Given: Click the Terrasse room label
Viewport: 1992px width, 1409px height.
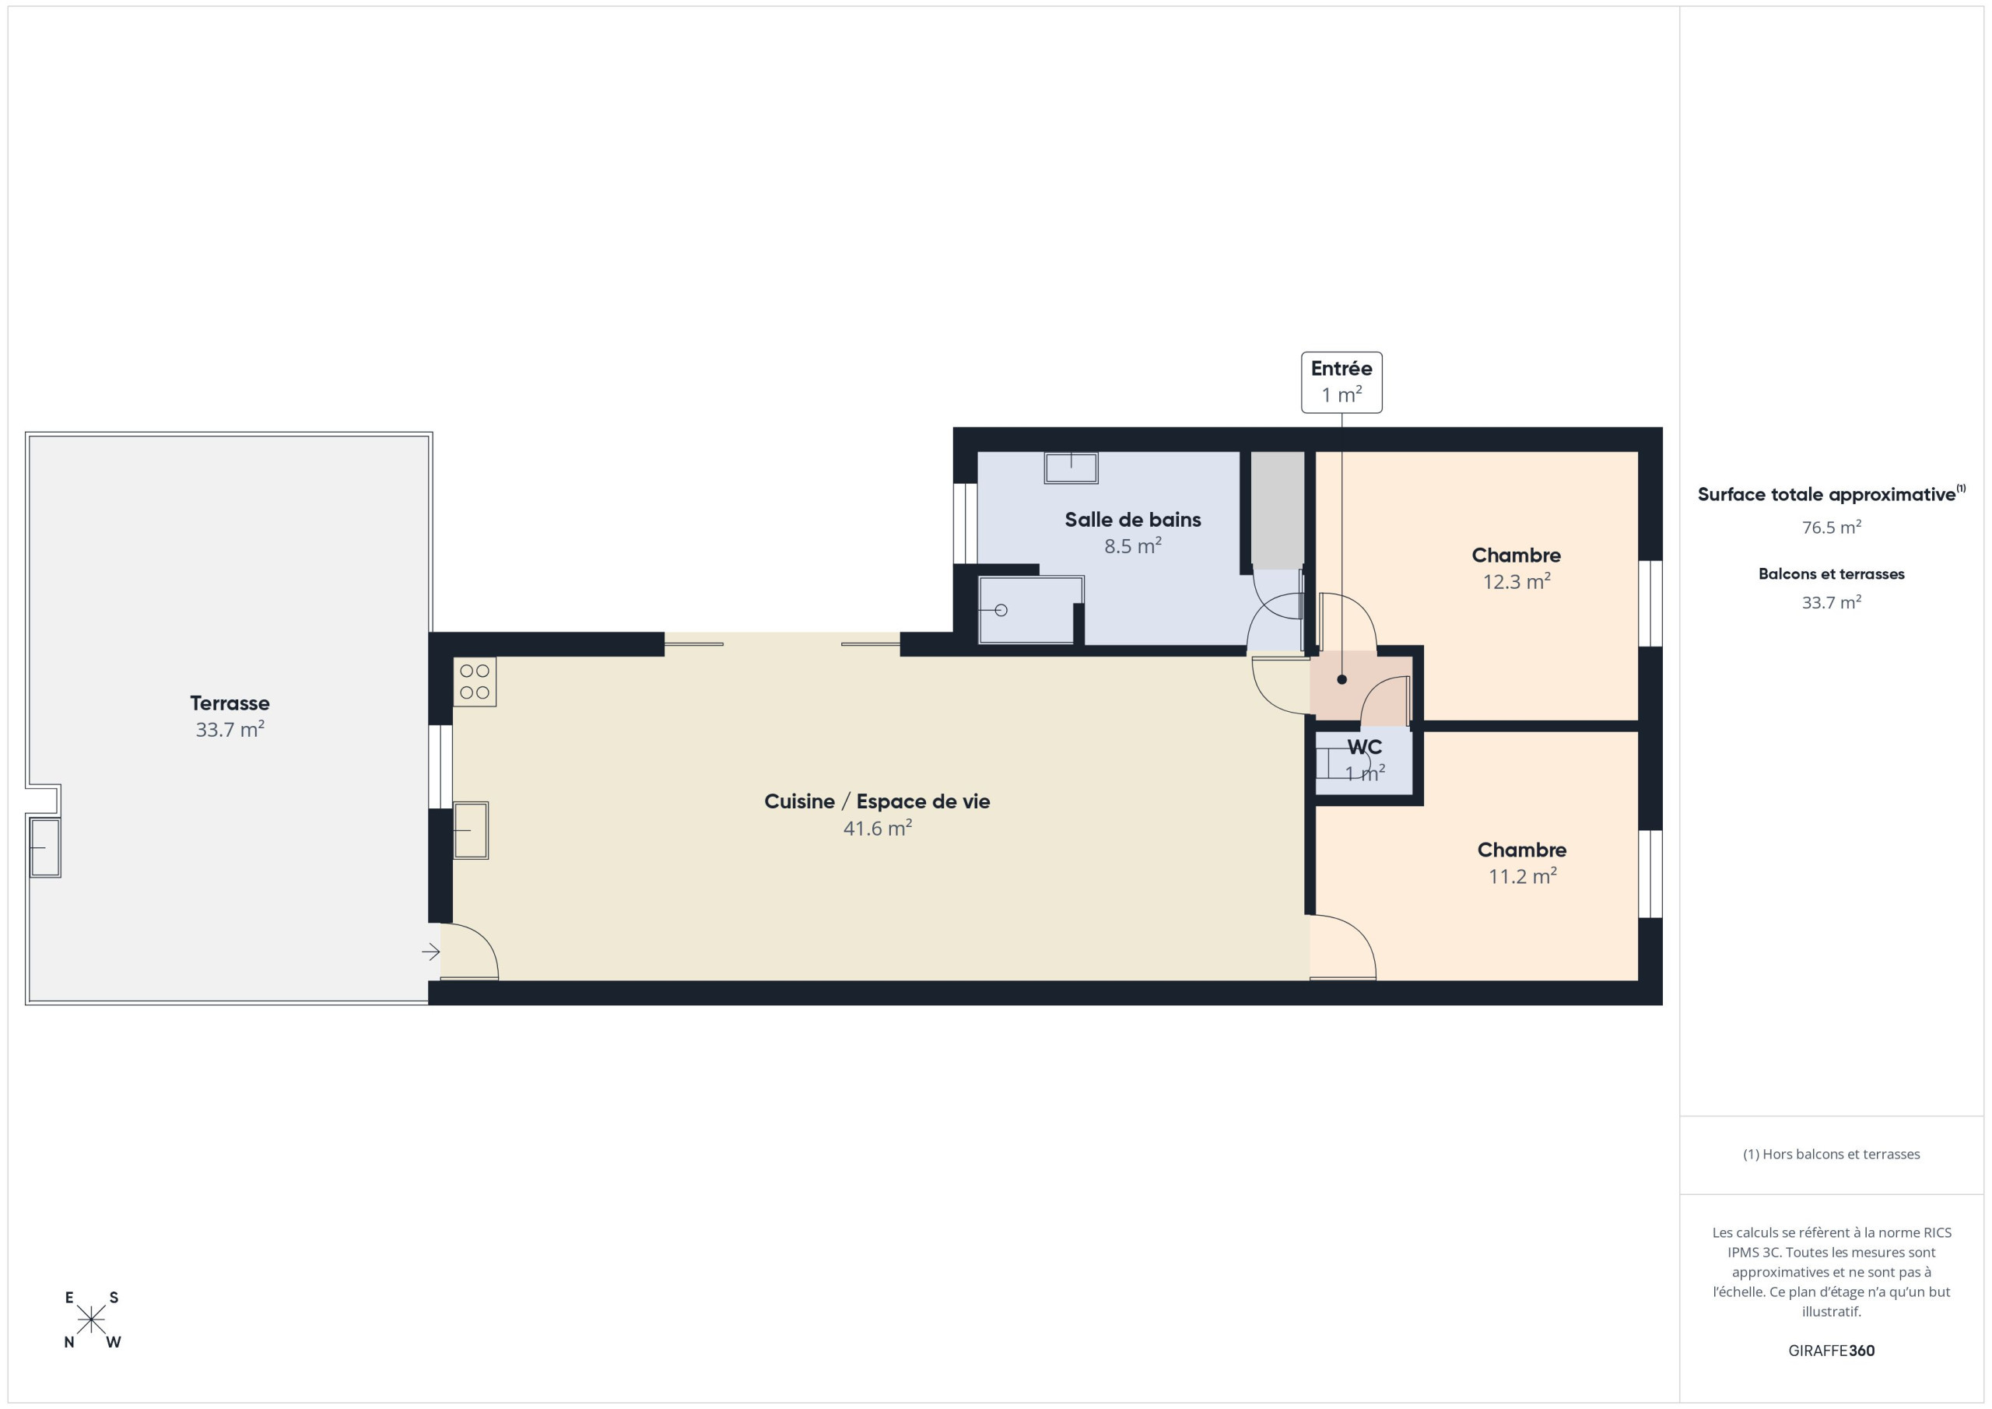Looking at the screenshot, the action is tap(230, 703).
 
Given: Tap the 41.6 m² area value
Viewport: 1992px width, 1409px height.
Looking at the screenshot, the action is tap(877, 829).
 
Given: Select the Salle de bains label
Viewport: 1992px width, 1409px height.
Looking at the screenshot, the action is tap(1133, 520).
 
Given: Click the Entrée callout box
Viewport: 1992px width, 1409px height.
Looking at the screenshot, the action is tap(1341, 383).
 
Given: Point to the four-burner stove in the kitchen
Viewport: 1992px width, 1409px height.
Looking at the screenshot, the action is tap(475, 682).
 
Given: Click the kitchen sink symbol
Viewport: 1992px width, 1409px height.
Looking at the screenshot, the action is tap(470, 830).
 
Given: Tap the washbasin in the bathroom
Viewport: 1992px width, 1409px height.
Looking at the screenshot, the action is tap(1071, 468).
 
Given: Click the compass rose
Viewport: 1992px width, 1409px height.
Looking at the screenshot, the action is tap(91, 1320).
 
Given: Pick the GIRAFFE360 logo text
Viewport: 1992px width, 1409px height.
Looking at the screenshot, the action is tap(1832, 1350).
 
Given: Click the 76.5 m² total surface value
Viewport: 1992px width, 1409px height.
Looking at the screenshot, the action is tap(1832, 527).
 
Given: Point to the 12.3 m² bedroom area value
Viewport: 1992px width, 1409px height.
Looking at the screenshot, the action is tap(1517, 582).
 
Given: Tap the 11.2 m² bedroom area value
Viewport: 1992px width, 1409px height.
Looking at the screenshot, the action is tap(1523, 876).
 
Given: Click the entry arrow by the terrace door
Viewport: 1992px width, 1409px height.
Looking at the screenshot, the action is tap(431, 952).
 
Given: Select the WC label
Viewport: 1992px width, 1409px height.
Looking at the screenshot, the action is tap(1365, 747).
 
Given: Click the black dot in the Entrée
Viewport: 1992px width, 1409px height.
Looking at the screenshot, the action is tap(1342, 679).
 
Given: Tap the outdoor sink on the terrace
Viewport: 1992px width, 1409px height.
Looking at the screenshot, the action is tap(45, 846).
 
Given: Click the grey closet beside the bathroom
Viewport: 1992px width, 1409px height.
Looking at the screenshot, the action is tap(1277, 510).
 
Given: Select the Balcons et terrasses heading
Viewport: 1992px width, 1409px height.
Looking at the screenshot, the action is tap(1832, 574).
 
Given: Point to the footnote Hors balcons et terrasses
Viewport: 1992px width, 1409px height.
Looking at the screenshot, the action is tap(1832, 1154).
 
